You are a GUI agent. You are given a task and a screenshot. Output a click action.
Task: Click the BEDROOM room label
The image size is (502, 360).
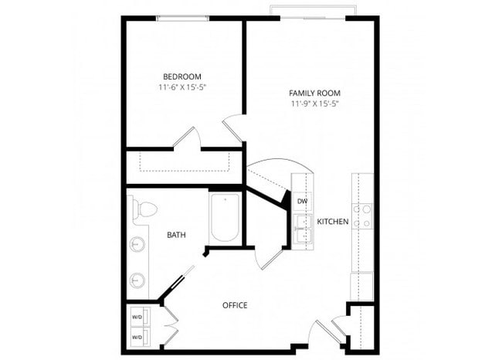click(x=182, y=76)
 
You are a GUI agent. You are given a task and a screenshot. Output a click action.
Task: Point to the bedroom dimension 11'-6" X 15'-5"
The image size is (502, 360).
click(x=182, y=87)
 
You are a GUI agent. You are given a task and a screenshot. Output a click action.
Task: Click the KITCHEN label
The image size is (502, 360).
click(x=333, y=222)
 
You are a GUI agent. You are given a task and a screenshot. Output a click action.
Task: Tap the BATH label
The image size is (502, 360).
click(x=176, y=235)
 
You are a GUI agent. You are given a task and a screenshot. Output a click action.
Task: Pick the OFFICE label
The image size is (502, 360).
click(x=235, y=305)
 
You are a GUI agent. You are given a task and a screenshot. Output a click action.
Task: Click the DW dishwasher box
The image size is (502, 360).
click(x=302, y=202)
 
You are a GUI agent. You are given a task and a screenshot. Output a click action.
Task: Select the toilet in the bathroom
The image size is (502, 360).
click(x=144, y=209)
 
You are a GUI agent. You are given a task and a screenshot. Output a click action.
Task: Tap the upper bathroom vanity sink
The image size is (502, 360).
click(x=137, y=245)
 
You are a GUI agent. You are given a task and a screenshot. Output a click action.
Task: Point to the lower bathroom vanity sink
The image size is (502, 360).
click(x=137, y=279)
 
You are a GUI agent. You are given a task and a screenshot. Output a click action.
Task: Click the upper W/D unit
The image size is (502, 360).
click(x=137, y=316)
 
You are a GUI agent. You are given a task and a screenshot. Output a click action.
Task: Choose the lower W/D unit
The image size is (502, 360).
click(x=137, y=336)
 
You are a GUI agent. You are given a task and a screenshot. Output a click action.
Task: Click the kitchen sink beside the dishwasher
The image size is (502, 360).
click(x=302, y=228)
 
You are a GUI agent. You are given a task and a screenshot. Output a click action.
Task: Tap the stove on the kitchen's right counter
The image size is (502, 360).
click(x=362, y=213)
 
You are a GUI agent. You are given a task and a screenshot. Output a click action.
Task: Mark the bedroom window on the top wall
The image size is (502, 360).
click(x=183, y=18)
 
